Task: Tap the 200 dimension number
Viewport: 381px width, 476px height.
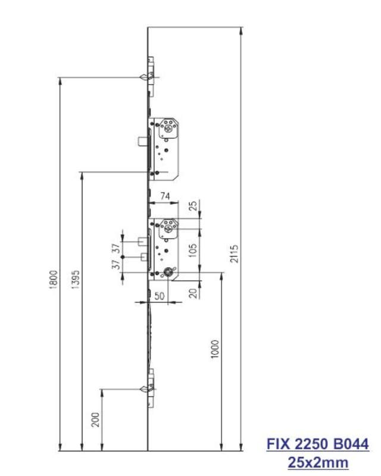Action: click(x=95, y=420)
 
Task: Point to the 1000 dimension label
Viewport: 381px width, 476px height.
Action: click(x=215, y=349)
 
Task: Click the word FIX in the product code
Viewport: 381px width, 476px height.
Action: click(x=277, y=444)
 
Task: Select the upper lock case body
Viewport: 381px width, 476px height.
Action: click(x=166, y=147)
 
